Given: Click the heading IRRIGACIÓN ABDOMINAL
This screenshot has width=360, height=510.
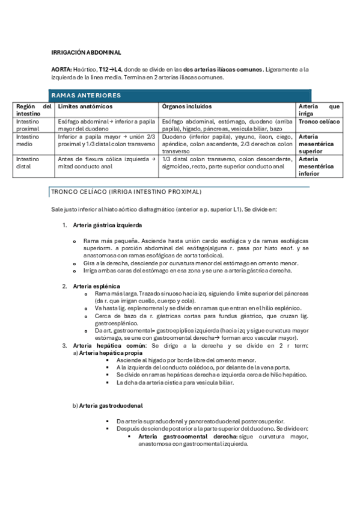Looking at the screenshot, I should tap(86, 53).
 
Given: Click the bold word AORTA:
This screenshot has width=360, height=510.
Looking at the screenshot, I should tap(62, 70).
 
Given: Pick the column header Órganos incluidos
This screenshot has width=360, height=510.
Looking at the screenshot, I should tap(187, 106).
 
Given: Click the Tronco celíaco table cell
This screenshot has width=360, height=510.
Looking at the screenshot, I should tap(319, 121).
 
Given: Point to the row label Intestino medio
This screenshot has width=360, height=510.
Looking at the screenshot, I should tap(28, 140).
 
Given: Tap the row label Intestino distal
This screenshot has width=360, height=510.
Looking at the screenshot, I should tap(28, 162).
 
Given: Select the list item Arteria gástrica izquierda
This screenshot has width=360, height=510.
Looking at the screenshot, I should tap(108, 226).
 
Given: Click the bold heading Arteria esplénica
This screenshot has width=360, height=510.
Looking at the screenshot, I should tap(97, 286).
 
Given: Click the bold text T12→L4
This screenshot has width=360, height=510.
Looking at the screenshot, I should tap(112, 70).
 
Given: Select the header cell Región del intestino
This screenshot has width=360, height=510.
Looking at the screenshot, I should tap(34, 109).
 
